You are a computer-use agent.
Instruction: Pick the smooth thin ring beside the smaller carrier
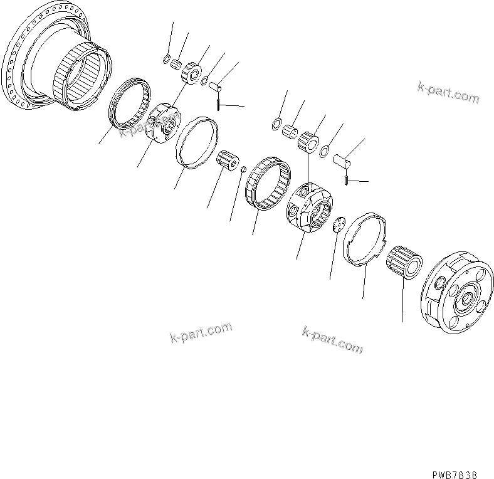click(x=198, y=143)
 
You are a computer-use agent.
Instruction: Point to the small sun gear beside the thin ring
click(x=229, y=161)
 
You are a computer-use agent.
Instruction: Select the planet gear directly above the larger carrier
click(x=308, y=142)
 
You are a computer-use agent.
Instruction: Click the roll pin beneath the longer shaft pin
click(x=347, y=181)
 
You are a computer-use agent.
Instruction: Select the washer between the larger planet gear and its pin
click(x=324, y=151)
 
